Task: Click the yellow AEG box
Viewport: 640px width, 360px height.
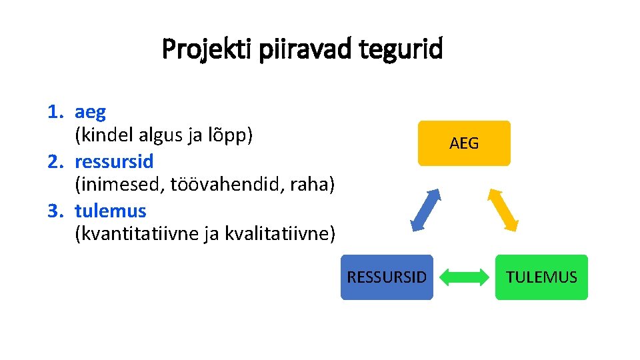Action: point(463,143)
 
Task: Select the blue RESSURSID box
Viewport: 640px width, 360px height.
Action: point(387,277)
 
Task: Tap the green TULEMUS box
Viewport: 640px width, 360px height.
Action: point(541,277)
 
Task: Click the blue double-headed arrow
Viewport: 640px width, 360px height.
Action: point(425,209)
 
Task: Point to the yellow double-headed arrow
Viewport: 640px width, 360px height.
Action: point(503,209)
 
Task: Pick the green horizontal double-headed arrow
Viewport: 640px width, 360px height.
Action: point(465,277)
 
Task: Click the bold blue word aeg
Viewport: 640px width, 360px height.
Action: point(90,112)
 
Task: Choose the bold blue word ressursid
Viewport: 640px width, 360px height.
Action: point(114,161)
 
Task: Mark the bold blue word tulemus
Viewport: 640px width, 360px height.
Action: point(110,211)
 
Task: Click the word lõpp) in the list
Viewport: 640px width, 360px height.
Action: point(231,136)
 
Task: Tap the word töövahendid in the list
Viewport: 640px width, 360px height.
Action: point(228,185)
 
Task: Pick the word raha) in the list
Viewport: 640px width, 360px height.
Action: point(312,185)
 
